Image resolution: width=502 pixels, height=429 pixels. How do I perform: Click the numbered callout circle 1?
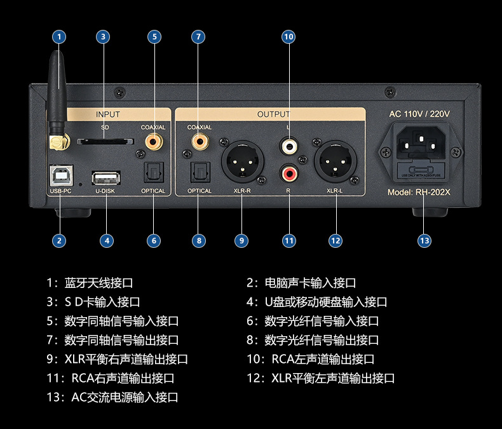pyautogui.click(x=59, y=37)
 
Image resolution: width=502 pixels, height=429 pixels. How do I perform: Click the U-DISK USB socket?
pyautogui.click(x=107, y=177)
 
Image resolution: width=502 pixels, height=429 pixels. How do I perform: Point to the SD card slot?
pyautogui.click(x=101, y=140)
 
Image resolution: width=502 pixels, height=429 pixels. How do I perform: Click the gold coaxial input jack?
pyautogui.click(x=153, y=143)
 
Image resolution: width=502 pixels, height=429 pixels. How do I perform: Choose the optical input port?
pyautogui.click(x=153, y=172)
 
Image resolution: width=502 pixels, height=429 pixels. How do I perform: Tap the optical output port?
pyautogui.click(x=200, y=172)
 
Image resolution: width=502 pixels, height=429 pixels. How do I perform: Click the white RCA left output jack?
pyautogui.click(x=289, y=147)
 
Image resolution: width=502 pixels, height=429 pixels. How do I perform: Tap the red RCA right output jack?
pyautogui.click(x=289, y=172)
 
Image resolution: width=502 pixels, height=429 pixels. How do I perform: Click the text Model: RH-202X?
pyautogui.click(x=419, y=193)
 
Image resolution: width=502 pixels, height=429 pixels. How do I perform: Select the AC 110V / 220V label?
pyautogui.click(x=419, y=114)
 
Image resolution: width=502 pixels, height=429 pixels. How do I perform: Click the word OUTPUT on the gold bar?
pyautogui.click(x=273, y=114)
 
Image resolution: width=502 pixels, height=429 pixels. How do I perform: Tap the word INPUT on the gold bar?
pyautogui.click(x=107, y=114)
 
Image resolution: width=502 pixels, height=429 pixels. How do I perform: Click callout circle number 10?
pyautogui.click(x=289, y=37)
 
